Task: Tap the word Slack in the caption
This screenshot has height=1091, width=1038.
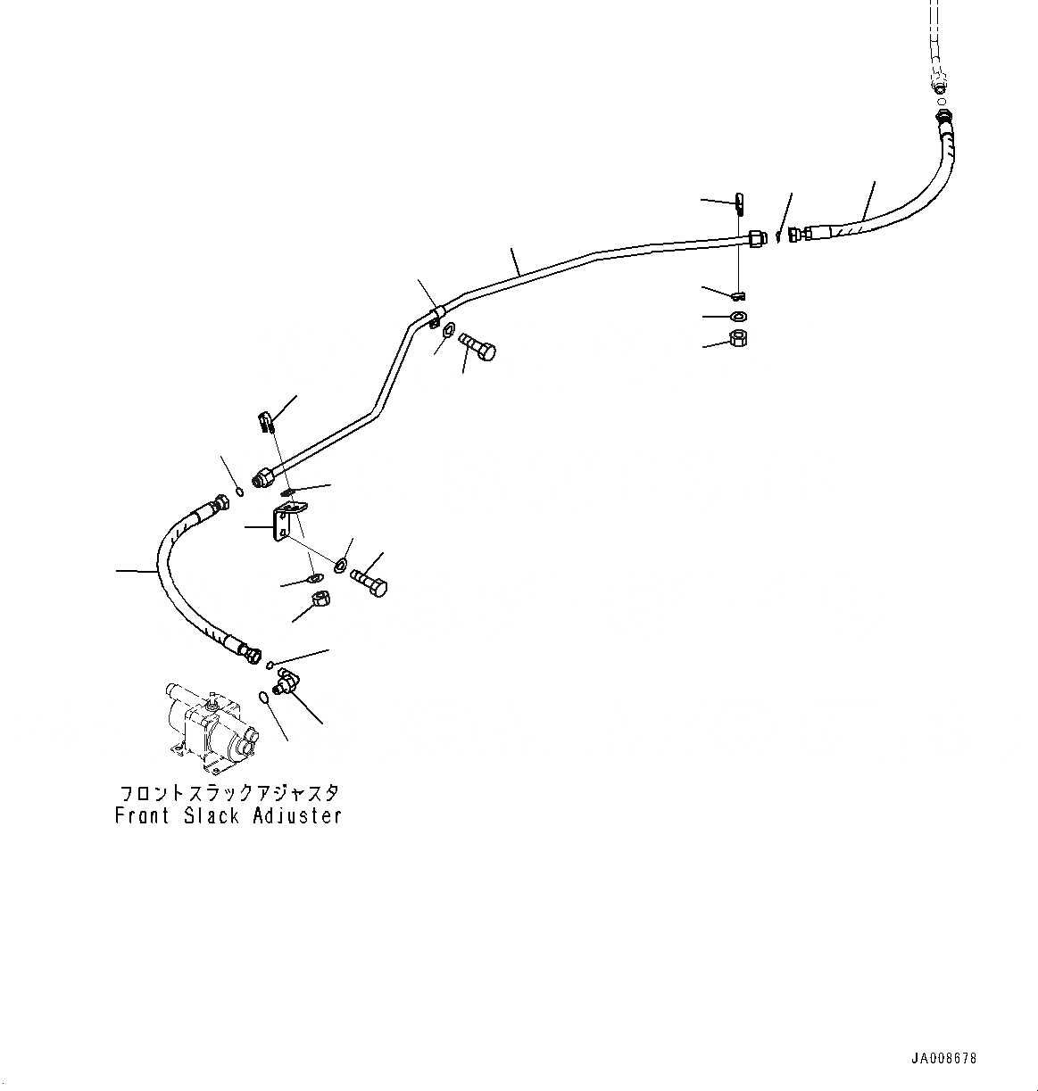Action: [212, 815]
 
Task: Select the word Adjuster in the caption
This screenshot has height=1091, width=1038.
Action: [295, 815]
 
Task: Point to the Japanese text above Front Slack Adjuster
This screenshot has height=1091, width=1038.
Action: [229, 792]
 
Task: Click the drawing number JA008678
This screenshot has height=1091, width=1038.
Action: [944, 1059]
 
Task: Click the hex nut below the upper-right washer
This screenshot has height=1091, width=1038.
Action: [738, 338]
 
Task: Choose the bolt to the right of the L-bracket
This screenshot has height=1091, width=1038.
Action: [369, 581]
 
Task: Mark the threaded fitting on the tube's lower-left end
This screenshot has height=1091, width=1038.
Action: [263, 478]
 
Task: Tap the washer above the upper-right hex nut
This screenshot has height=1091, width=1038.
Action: [739, 317]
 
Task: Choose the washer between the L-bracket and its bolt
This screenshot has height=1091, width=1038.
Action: [342, 565]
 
